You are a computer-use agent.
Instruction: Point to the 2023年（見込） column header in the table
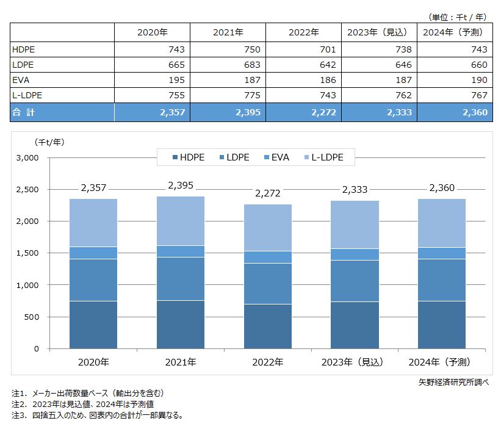379,32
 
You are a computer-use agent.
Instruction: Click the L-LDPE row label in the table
27,95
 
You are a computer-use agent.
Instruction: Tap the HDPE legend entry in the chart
191,157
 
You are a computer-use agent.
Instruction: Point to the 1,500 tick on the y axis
26,253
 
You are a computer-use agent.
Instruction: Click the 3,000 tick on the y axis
26,157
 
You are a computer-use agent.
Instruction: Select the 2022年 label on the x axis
267,362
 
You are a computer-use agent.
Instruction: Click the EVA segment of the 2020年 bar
93,253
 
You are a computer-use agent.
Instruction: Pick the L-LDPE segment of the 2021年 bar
180,221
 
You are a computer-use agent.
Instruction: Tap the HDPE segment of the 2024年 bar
441,325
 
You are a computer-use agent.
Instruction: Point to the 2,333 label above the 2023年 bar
355,190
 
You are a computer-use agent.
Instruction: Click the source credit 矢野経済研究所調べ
453,382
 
